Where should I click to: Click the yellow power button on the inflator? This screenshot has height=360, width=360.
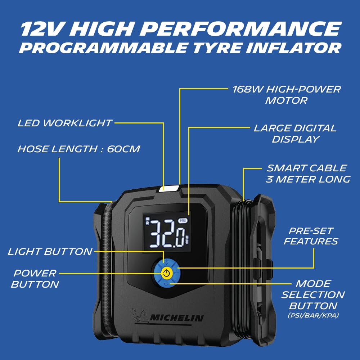(166, 273)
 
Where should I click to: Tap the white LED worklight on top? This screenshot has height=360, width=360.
(168, 189)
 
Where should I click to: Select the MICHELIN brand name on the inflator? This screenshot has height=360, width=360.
(176, 318)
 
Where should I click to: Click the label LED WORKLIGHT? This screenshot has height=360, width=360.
(64, 123)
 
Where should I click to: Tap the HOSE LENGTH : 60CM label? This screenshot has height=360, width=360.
(79, 149)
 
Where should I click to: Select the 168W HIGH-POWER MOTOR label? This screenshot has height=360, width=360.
(286, 95)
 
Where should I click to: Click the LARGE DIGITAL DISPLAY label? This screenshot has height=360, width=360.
(295, 134)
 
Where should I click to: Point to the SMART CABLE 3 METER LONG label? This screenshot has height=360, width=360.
(308, 174)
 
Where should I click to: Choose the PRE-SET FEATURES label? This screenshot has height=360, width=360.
(311, 236)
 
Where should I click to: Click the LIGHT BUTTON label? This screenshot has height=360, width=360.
(50, 252)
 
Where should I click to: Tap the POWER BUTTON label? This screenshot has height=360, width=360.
(35, 279)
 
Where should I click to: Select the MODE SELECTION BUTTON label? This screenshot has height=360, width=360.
(313, 295)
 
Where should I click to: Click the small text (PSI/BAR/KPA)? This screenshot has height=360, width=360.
(314, 315)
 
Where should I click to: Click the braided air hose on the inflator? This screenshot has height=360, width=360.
(107, 269)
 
